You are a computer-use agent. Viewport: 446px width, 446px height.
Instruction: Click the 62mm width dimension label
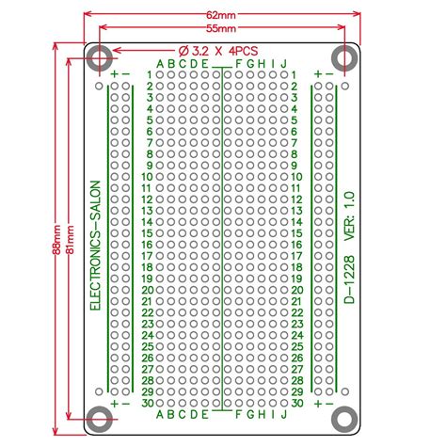pyautogui.click(x=221, y=15)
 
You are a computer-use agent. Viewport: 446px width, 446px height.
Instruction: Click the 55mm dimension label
pyautogui.click(x=221, y=28)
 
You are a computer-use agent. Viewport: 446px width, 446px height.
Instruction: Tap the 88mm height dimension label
pyautogui.click(x=56, y=240)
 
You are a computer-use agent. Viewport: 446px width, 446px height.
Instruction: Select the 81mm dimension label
pyautogui.click(x=71, y=239)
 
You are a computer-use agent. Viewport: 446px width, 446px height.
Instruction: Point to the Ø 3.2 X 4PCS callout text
pyautogui.click(x=218, y=51)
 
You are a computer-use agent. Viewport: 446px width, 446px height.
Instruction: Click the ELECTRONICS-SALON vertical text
pyautogui.click(x=95, y=246)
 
